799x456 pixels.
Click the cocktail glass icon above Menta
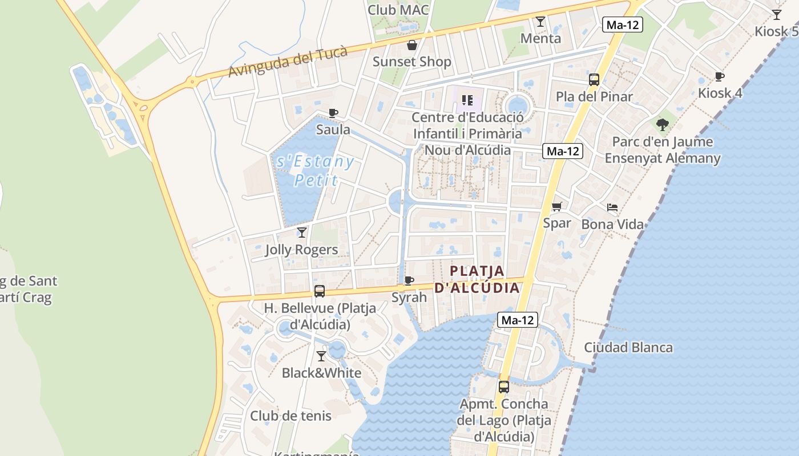coord(540,22)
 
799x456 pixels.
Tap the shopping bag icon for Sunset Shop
coord(411,45)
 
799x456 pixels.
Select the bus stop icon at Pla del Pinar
coord(594,80)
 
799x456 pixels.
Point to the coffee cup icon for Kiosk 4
coord(720,76)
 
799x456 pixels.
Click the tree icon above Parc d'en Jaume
coord(663,124)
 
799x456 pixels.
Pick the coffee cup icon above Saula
coord(333,113)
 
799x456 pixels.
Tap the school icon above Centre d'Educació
coord(467,101)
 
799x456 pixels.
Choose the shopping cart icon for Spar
coord(556,206)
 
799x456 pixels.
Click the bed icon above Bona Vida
coord(612,207)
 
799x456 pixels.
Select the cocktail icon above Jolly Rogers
coord(302,233)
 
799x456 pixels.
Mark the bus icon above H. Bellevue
coord(320,291)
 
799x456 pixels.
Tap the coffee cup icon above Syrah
coord(409,280)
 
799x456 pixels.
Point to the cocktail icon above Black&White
coord(321,356)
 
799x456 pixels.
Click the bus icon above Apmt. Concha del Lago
coord(503,387)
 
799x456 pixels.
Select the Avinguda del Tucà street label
coord(288,62)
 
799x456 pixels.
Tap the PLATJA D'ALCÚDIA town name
coord(477,279)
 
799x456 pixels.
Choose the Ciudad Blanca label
coord(628,347)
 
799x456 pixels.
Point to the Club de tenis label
coord(290,416)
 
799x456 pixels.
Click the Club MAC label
coord(398,10)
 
